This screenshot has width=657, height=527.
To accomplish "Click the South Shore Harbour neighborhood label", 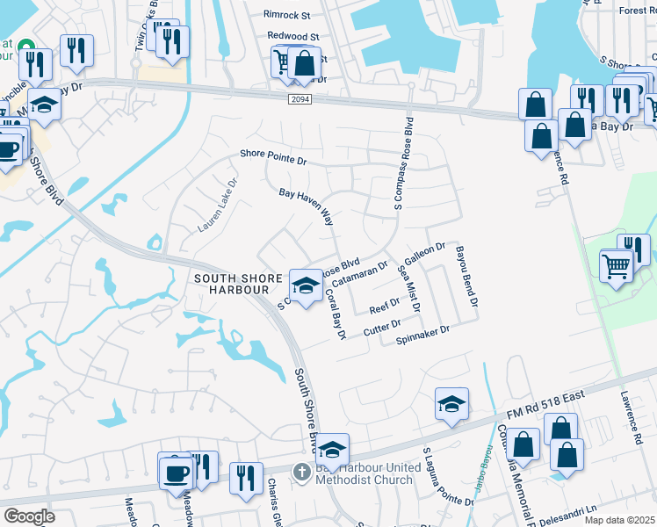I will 231,284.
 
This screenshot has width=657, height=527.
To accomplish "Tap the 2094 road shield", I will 299,100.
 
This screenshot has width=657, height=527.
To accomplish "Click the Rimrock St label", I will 287,15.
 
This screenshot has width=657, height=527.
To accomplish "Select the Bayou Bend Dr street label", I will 465,275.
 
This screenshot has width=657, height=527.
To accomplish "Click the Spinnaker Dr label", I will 422,334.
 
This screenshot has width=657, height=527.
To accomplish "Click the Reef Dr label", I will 384,306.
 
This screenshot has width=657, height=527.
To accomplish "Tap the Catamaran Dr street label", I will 359,272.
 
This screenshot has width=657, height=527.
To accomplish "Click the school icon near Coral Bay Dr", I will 306,286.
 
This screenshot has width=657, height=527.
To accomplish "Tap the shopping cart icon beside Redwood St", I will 283,62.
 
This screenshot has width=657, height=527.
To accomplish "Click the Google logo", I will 29,516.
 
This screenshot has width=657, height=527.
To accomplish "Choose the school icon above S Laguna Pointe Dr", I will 451,404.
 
